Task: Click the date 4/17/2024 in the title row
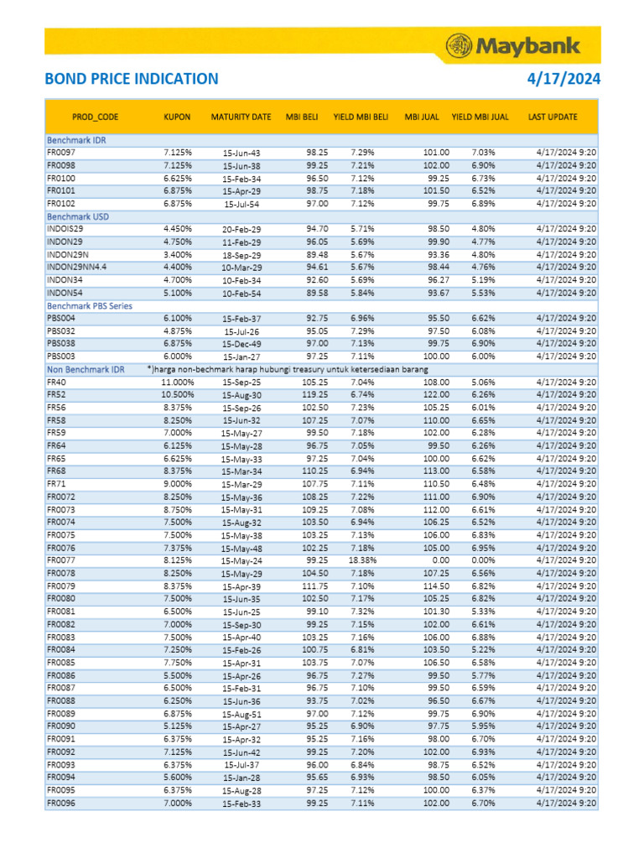pyautogui.click(x=563, y=80)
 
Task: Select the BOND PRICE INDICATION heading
pyautogui.click(x=132, y=80)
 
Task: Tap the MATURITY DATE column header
pyautogui.click(x=241, y=117)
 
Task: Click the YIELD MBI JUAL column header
pyautogui.click(x=480, y=117)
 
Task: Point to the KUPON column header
pyautogui.click(x=177, y=117)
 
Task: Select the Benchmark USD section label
pyautogui.click(x=78, y=216)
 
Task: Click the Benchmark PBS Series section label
pyautogui.click(x=89, y=306)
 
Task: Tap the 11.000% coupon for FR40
pyautogui.click(x=177, y=383)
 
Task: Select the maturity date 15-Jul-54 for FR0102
pyautogui.click(x=241, y=204)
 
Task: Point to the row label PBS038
pyautogui.click(x=61, y=344)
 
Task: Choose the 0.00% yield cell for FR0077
pyautogui.click(x=484, y=560)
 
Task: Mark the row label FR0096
pyautogui.click(x=61, y=803)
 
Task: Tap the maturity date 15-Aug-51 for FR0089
pyautogui.click(x=241, y=714)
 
